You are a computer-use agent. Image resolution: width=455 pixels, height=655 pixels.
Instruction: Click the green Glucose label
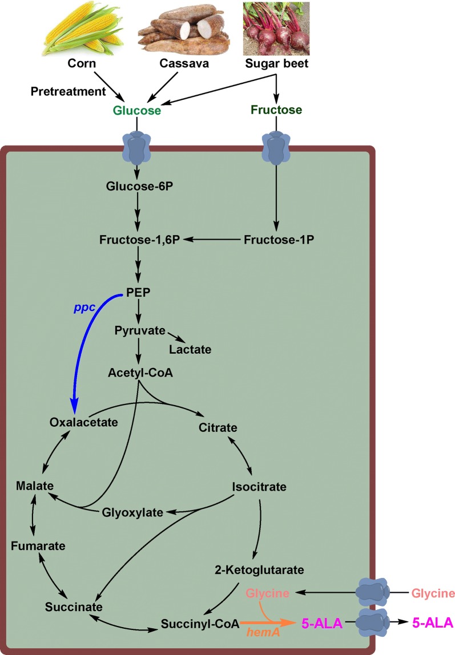135,111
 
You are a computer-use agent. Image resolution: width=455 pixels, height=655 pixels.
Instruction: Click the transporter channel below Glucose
135,149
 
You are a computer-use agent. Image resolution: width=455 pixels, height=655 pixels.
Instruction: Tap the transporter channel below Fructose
276,149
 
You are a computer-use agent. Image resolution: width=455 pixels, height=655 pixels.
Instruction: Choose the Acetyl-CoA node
140,373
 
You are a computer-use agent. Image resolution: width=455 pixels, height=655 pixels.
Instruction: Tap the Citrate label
218,427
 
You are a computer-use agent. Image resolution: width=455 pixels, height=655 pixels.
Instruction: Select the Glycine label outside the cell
427,593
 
